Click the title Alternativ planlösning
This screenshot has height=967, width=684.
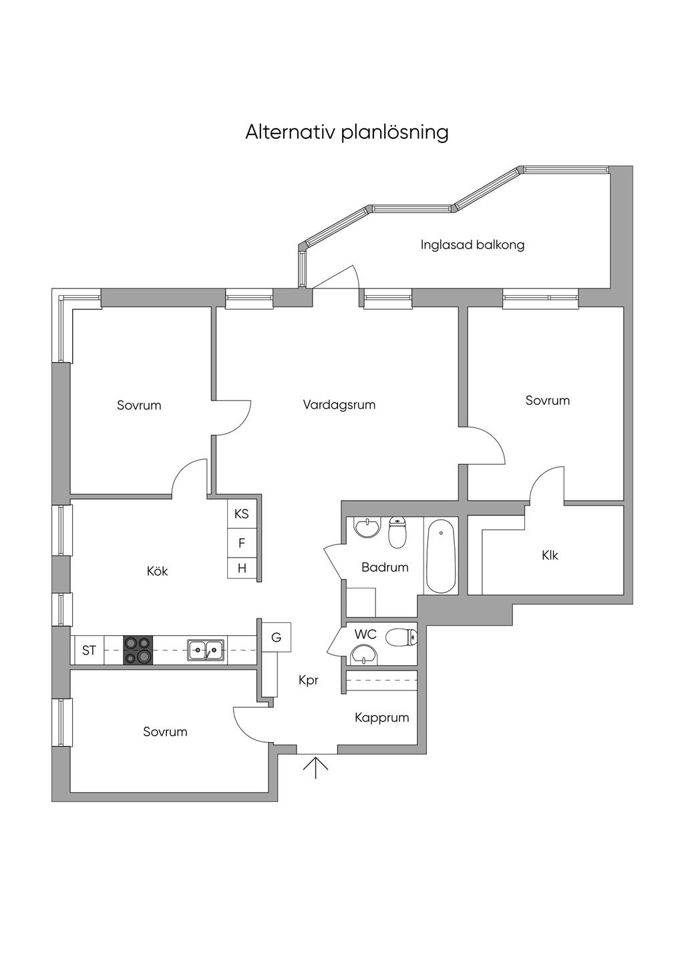point(347,132)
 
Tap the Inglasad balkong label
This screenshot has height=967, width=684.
point(472,245)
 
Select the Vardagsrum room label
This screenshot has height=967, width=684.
point(339,405)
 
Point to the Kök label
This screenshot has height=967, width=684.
point(157,571)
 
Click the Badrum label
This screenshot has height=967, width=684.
point(385,567)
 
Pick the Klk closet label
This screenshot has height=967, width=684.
point(550,555)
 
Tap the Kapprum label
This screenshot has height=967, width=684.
point(381,718)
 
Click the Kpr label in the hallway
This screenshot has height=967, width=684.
point(308,681)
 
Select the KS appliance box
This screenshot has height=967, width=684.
point(242,514)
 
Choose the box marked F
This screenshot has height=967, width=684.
point(242,544)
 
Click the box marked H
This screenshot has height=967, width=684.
point(242,568)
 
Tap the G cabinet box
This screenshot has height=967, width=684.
point(276,637)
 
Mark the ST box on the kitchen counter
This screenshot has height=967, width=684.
point(89,650)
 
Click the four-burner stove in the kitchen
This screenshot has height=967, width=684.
point(138,650)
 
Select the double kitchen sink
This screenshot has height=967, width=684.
point(206,649)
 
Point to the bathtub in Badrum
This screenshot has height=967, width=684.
point(441,558)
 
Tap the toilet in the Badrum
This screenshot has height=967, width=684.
point(397,533)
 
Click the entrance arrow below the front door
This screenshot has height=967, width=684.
point(316,767)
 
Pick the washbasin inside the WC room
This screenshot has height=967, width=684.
point(364,654)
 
